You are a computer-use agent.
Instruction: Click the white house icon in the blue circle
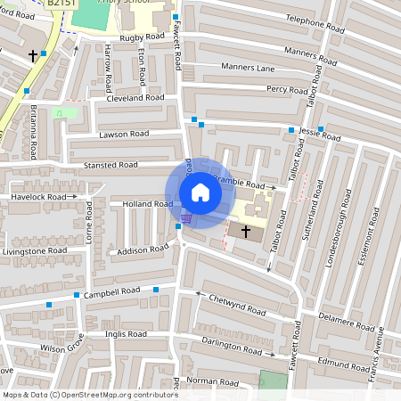click(x=200, y=192)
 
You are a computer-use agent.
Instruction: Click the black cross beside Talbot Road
click(x=246, y=230)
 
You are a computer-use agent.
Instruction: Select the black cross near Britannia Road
click(x=33, y=56)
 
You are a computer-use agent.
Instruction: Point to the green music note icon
click(x=59, y=113)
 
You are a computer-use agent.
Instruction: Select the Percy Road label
click(x=287, y=89)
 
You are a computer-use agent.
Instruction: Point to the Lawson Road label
click(x=124, y=134)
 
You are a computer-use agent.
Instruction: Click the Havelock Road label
click(x=38, y=196)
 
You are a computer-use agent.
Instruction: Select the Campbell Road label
click(x=112, y=291)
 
